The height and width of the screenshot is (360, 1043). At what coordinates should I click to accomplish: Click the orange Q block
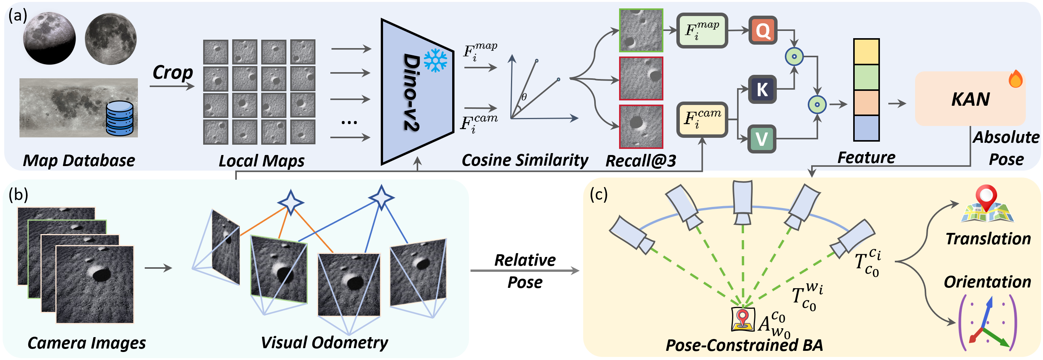tap(762, 31)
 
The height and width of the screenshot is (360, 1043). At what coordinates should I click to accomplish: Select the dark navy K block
tap(762, 89)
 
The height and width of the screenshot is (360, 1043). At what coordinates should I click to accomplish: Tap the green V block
tap(761, 139)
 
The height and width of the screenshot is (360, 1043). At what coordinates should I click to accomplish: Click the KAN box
tap(970, 99)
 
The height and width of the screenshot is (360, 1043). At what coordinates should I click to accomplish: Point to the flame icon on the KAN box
tap(1016, 79)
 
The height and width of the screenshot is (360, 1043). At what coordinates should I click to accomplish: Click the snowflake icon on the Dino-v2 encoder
tap(435, 61)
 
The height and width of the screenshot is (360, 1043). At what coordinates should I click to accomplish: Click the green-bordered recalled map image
tap(641, 31)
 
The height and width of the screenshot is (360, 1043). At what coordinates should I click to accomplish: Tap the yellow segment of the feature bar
tap(866, 52)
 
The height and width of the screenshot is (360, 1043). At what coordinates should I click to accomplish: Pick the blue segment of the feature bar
tap(866, 128)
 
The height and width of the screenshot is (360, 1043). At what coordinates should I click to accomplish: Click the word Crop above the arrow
tap(173, 73)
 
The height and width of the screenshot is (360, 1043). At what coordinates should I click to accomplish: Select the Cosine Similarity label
tap(525, 160)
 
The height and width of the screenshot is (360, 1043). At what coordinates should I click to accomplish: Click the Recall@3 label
tap(640, 161)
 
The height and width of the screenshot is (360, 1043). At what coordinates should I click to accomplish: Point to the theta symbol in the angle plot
tap(524, 97)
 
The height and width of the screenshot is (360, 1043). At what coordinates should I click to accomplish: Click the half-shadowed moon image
tap(49, 38)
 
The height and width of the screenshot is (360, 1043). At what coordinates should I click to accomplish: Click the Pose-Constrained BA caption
tap(744, 345)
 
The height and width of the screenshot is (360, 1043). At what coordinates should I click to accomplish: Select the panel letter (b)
tap(19, 195)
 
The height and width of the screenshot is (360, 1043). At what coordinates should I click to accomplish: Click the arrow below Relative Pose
tap(525, 271)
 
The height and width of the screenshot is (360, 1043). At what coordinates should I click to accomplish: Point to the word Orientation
tap(987, 282)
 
